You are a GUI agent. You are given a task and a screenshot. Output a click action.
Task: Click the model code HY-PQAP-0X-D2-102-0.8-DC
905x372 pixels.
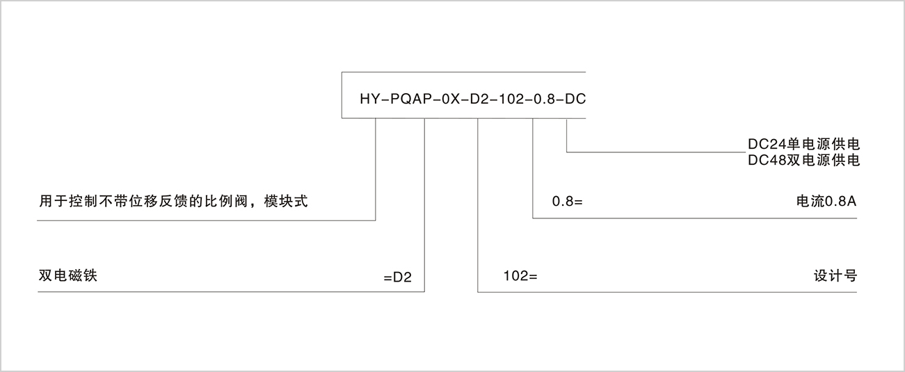[x=472, y=99]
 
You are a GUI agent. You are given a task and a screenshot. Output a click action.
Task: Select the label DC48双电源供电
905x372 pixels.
[x=803, y=161]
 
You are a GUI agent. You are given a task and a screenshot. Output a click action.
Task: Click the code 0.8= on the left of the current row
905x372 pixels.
[x=566, y=202]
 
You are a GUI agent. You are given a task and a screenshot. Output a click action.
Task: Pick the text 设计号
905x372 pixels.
[x=835, y=275]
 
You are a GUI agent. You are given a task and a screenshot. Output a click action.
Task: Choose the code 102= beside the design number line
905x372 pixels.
[x=521, y=276]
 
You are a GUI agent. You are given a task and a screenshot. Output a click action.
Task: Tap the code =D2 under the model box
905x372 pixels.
[x=398, y=277]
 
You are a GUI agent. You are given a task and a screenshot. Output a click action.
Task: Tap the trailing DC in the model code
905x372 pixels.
[x=575, y=99]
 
